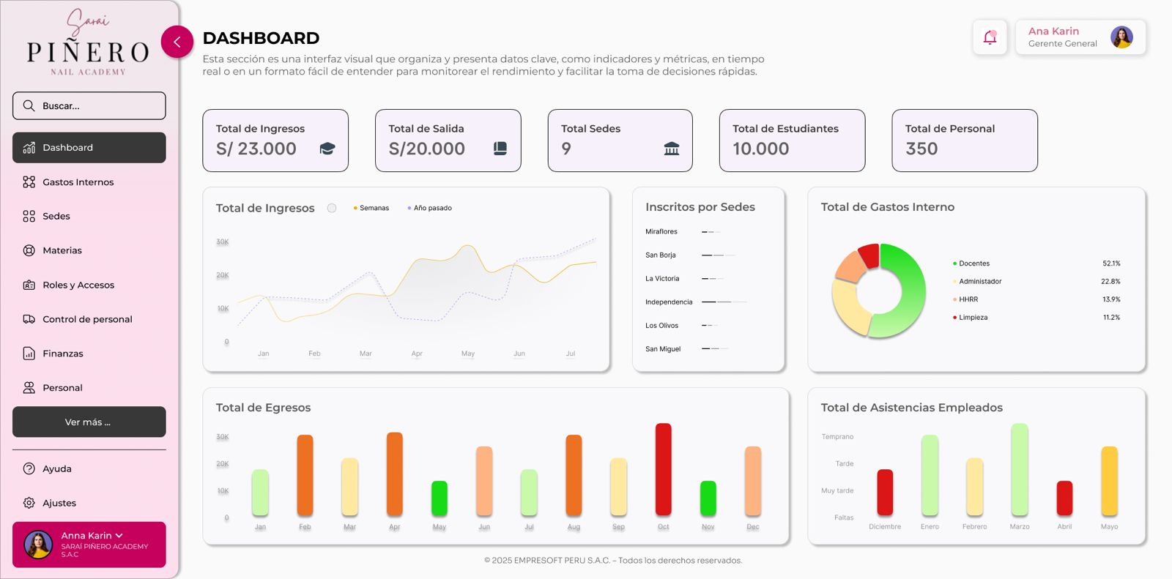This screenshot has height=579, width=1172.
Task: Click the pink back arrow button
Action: pyautogui.click(x=177, y=42)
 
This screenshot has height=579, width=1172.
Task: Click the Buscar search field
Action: pyautogui.click(x=89, y=106)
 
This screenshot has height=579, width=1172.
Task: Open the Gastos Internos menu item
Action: pyautogui.click(x=78, y=182)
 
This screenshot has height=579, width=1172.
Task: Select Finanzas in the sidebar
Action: pyautogui.click(x=62, y=354)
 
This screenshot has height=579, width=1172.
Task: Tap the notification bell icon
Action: pyautogui.click(x=990, y=37)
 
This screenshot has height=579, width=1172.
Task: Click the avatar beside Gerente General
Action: pyautogui.click(x=1121, y=37)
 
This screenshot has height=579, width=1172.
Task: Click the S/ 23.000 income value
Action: pyautogui.click(x=256, y=149)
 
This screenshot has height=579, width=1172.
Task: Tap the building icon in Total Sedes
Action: pyautogui.click(x=671, y=149)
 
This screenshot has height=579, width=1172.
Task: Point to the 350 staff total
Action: pyautogui.click(x=921, y=149)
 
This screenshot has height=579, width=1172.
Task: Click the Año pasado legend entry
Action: pyautogui.click(x=431, y=209)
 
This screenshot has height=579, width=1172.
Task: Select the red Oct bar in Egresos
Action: pyautogui.click(x=663, y=469)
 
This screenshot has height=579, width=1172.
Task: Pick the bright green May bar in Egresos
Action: pyautogui.click(x=439, y=498)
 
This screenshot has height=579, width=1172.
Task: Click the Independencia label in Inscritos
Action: pyautogui.click(x=668, y=302)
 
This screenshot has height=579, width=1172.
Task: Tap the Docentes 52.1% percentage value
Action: pyautogui.click(x=1111, y=264)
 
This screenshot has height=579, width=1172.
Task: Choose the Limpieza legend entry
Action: pyautogui.click(x=973, y=318)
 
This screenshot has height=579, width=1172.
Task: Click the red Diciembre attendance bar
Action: pyautogui.click(x=885, y=492)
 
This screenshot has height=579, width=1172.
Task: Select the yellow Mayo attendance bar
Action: pyautogui.click(x=1109, y=480)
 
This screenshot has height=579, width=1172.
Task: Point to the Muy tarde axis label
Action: pyautogui.click(x=837, y=491)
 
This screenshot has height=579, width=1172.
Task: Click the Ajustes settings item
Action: pyautogui.click(x=59, y=504)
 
